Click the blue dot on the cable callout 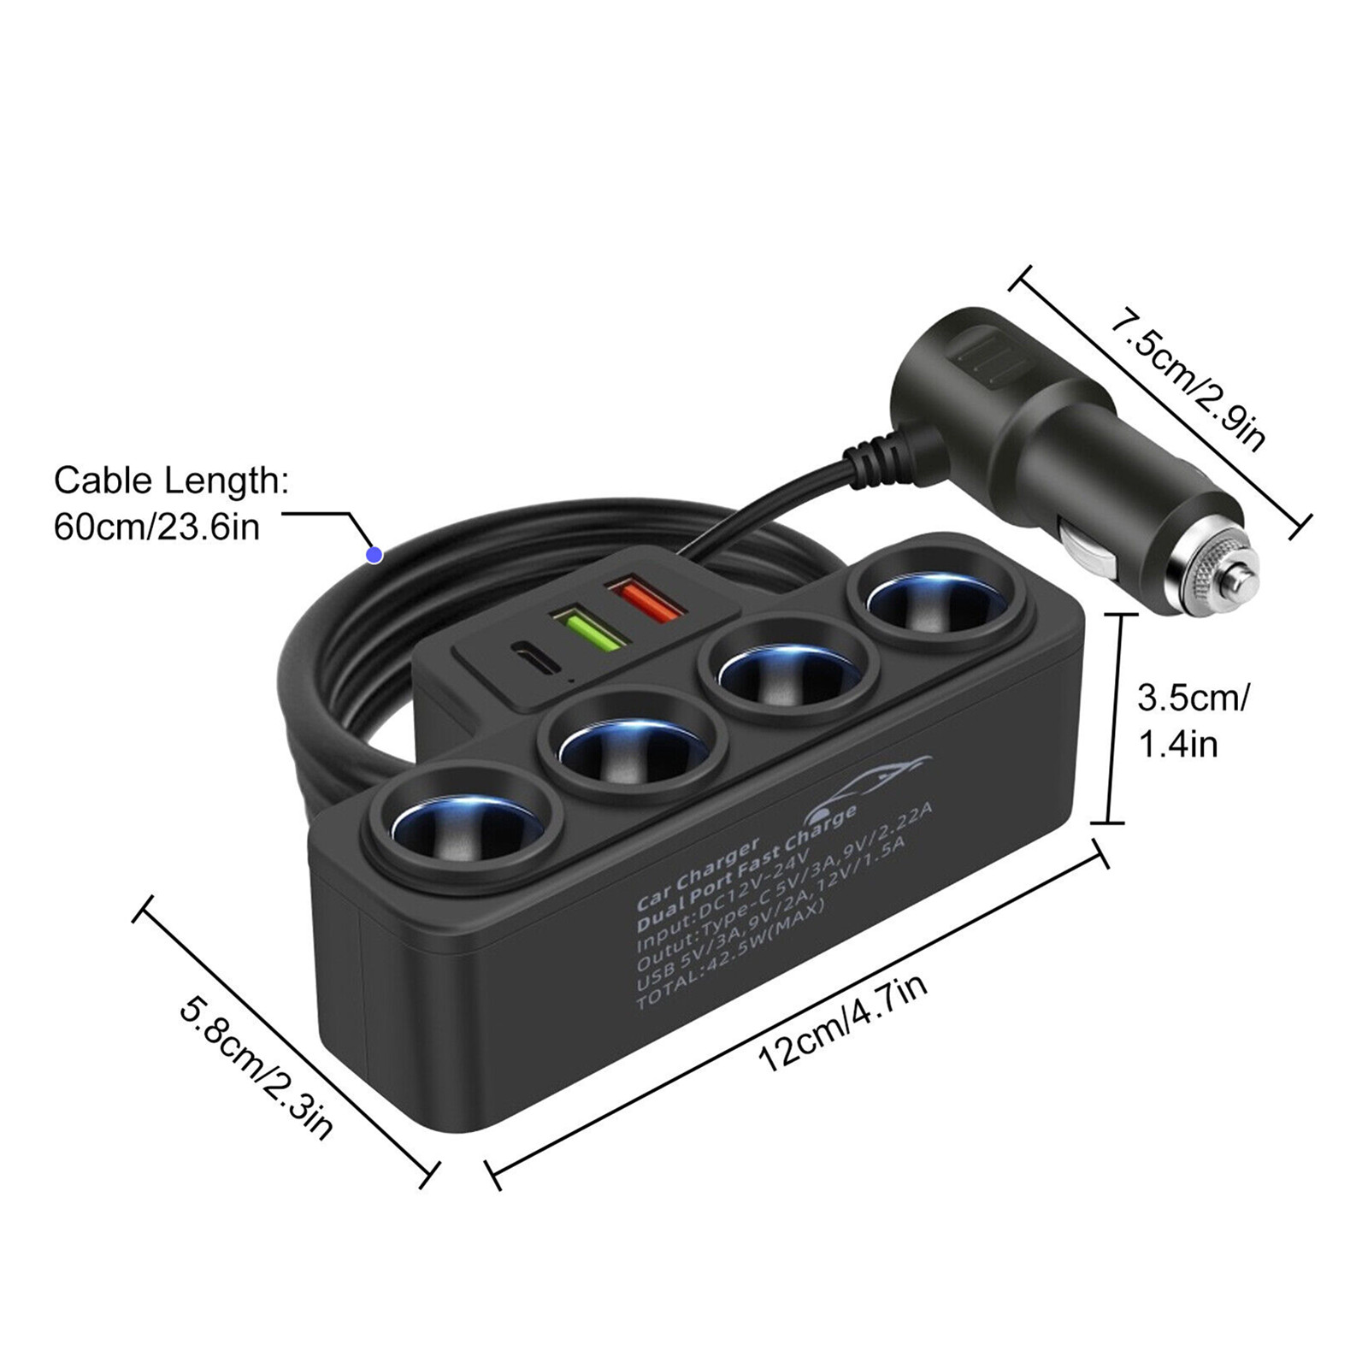tap(374, 555)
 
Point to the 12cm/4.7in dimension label tap(842, 1024)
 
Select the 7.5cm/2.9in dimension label tap(1187, 380)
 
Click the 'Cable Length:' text tap(171, 481)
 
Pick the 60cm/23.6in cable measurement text tap(156, 527)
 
